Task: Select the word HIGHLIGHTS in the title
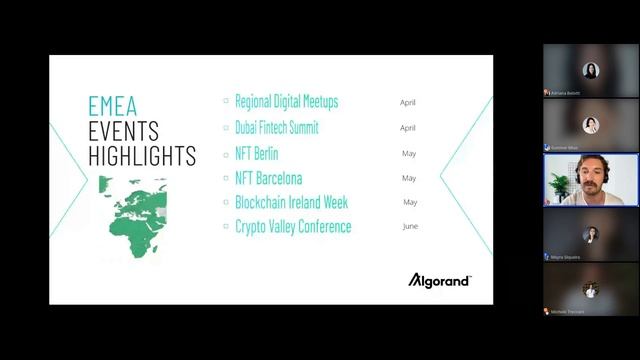click(142, 156)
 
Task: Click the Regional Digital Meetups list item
click(286, 102)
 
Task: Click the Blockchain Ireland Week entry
click(289, 202)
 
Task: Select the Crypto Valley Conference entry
click(293, 227)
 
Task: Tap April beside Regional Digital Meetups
click(407, 103)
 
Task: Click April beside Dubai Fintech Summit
click(407, 128)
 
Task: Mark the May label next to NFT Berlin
click(408, 154)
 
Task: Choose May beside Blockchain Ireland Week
click(408, 203)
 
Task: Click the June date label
click(409, 227)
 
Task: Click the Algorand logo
click(439, 280)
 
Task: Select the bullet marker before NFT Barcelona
click(227, 178)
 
